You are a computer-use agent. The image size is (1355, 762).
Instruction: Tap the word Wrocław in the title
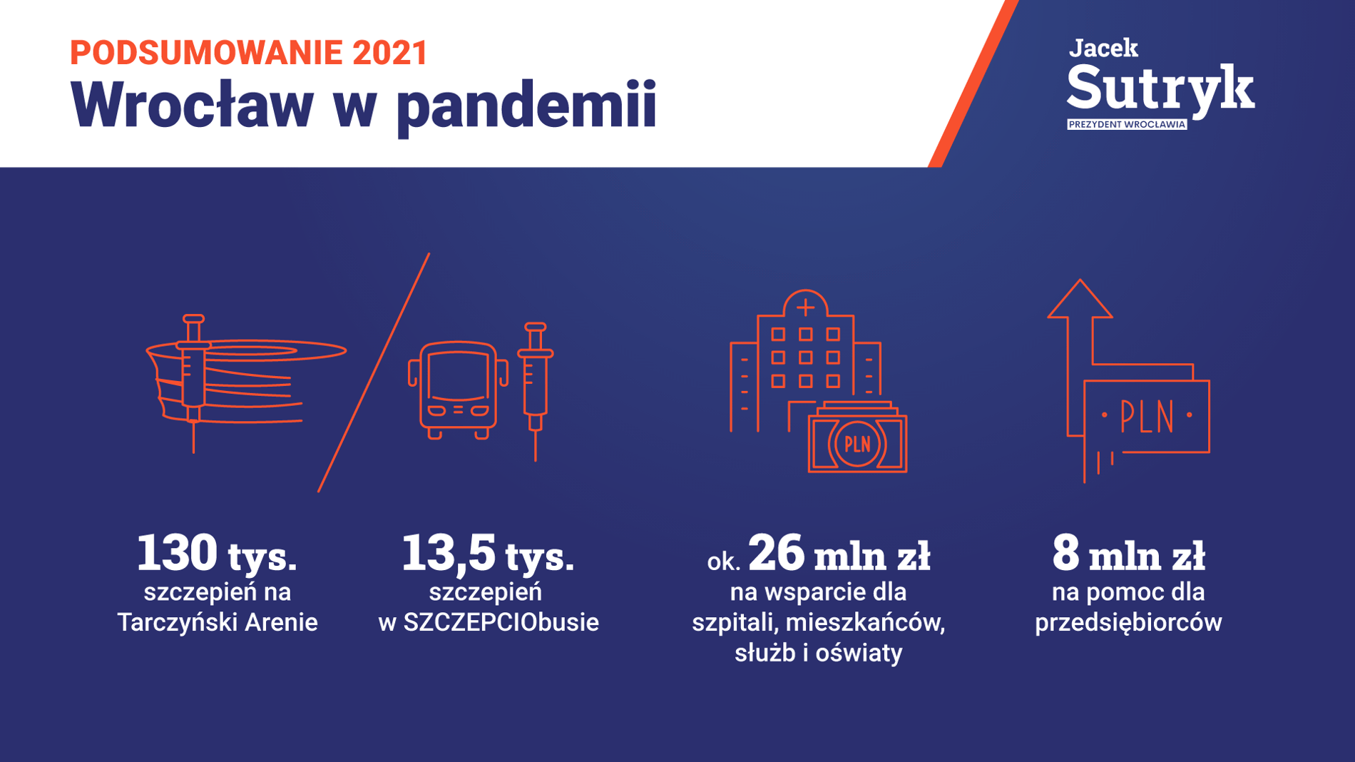[x=192, y=104]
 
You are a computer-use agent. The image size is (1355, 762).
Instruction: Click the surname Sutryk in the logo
[x=1160, y=89]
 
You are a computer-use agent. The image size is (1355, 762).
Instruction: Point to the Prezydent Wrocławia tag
[x=1127, y=124]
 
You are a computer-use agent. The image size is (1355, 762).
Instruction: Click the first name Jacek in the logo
[x=1103, y=48]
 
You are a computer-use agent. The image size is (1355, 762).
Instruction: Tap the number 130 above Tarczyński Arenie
[x=177, y=553]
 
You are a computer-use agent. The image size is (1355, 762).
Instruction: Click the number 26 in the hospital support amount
[x=777, y=553]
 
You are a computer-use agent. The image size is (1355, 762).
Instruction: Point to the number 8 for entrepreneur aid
[x=1065, y=553]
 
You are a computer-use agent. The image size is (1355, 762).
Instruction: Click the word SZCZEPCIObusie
[x=501, y=622]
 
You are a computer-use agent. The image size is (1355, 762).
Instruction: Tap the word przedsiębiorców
[x=1128, y=623]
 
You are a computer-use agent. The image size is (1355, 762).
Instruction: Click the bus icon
[x=458, y=390]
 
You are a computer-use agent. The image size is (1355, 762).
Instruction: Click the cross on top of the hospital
[x=806, y=308]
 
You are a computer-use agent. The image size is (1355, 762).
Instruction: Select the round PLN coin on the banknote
[x=857, y=444]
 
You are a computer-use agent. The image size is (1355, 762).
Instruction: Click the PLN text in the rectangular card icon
[x=1147, y=417]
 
